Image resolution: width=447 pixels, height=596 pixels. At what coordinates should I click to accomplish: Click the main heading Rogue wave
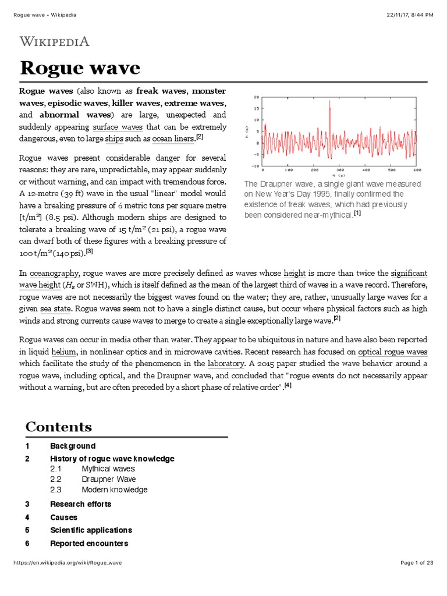point(80,68)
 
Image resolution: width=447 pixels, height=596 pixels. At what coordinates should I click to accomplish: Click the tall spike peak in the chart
point(329,102)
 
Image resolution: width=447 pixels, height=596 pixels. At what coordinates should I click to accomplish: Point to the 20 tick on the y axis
point(257,97)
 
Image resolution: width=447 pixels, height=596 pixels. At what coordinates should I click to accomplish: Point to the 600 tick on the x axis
point(417,171)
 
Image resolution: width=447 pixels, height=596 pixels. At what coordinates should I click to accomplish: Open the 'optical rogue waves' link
point(392,352)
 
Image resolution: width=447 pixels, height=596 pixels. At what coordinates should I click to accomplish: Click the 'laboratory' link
point(226,364)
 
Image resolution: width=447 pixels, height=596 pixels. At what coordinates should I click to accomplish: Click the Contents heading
point(58,427)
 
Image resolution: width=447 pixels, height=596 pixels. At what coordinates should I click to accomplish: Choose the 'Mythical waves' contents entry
point(108,468)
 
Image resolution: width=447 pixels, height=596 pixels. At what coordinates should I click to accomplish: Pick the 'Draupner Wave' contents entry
point(108,479)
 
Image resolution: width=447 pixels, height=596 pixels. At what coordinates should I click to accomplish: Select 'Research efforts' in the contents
point(80,503)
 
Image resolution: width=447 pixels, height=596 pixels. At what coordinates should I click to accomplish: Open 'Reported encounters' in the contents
point(88,543)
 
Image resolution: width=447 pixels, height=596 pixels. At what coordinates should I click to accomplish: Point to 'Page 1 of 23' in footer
point(417,579)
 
